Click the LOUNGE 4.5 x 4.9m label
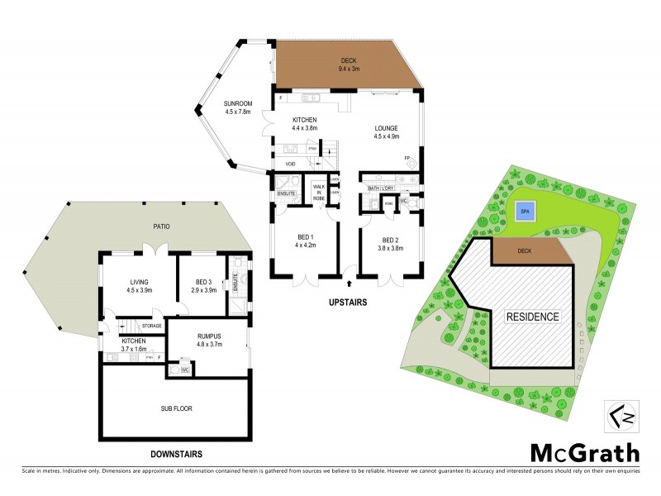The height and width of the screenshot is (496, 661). [386, 132]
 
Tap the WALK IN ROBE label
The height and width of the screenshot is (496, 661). [317, 194]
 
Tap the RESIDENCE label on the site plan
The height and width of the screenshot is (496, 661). [533, 317]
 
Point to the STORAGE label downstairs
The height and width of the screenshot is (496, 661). [150, 326]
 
